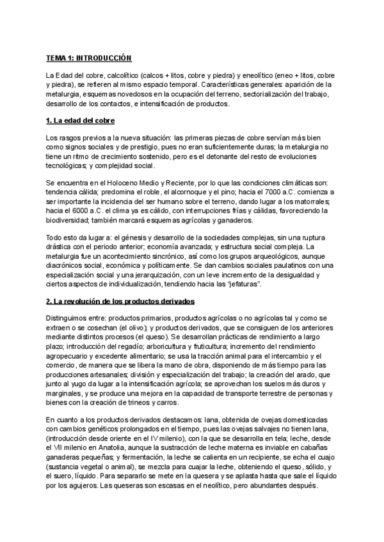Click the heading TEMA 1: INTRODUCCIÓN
pyautogui.click(x=88, y=58)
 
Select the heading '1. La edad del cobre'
pyautogui.click(x=80, y=121)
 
